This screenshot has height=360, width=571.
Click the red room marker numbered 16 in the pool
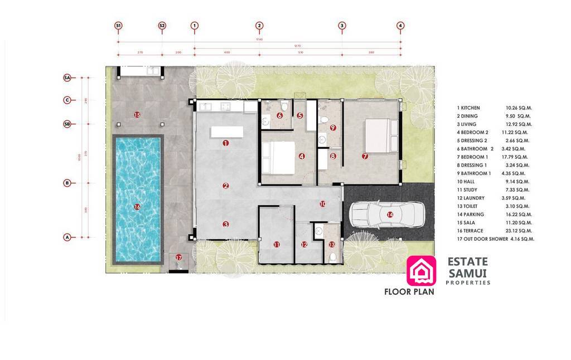coord(137,207)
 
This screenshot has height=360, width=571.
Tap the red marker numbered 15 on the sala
coord(137,114)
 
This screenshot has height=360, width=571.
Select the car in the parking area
coord(387,215)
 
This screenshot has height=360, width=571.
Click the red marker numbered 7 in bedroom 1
coord(365,157)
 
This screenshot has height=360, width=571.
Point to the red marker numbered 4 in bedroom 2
coord(302,157)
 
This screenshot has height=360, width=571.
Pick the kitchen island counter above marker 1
coord(227,132)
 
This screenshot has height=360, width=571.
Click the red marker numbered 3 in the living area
coord(226,225)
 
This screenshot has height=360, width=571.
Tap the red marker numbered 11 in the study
coord(276,244)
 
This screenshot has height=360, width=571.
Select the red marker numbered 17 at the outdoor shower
coord(178,257)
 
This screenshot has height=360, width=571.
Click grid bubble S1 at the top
coord(118,26)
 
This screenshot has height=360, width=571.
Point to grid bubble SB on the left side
coord(67,124)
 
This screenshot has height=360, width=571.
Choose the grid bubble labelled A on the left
coord(67,237)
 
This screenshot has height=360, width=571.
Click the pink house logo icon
coord(422,270)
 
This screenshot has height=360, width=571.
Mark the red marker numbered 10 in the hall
coord(322,204)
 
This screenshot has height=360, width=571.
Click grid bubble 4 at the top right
coord(400,26)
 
